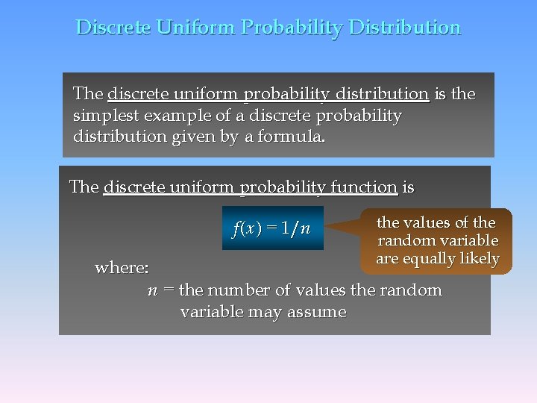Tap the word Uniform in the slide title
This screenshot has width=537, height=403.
(x=195, y=28)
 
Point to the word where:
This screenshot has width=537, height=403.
(x=122, y=267)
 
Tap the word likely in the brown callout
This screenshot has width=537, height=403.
(x=479, y=259)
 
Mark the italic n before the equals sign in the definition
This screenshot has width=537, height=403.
(x=152, y=290)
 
